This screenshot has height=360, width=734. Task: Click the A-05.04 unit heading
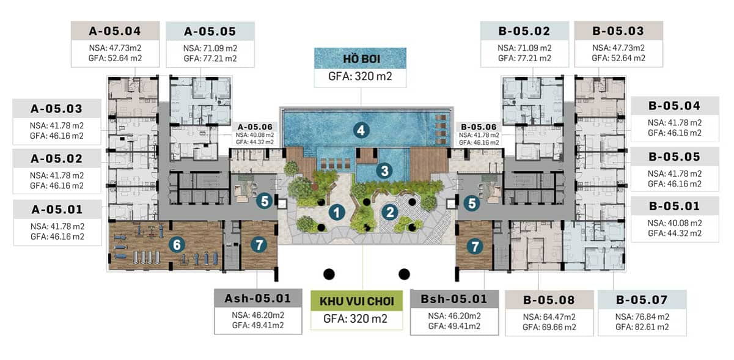(115, 31)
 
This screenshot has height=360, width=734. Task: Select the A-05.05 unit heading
(210, 31)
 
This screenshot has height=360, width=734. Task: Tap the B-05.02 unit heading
(524, 31)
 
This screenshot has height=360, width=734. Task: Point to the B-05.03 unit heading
(618, 31)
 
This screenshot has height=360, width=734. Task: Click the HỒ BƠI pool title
(361, 59)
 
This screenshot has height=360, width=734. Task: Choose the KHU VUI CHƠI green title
(357, 301)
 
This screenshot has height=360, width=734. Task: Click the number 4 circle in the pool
(361, 130)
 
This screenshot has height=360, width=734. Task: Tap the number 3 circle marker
(384, 171)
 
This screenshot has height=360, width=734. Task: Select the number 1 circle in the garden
(337, 213)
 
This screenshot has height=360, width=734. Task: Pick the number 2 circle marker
(390, 212)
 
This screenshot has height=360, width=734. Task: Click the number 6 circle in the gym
(177, 244)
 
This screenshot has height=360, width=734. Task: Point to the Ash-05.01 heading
(258, 298)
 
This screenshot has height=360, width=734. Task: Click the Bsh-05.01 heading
(454, 299)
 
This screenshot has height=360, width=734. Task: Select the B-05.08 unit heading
(549, 300)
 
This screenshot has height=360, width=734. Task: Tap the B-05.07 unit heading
(642, 299)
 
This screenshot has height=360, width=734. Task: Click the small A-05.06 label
(255, 127)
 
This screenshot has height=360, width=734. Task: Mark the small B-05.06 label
(479, 127)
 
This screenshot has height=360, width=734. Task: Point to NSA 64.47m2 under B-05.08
(549, 317)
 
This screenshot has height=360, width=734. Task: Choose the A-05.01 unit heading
(57, 209)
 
